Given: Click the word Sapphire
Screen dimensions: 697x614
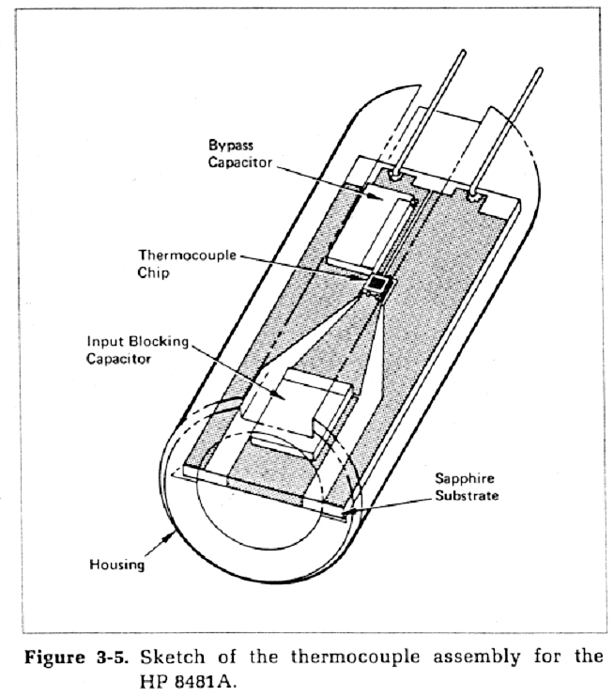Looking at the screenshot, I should pos(466,477).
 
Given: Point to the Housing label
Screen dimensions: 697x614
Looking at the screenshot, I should pos(116,565).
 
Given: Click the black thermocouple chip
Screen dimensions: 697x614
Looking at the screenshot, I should pos(378,283).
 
